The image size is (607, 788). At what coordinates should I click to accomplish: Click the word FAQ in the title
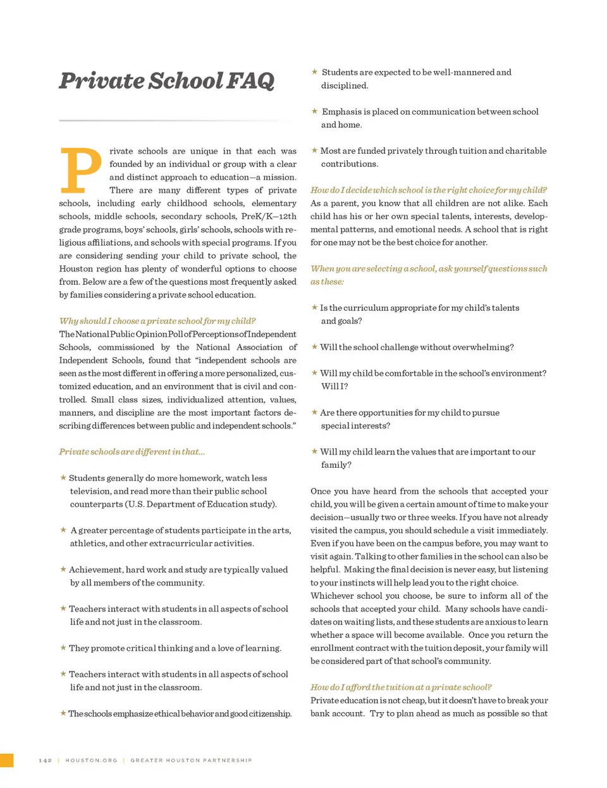(250, 81)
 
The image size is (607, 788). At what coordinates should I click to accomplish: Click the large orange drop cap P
(80, 170)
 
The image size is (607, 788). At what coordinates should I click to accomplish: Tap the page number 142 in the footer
(45, 760)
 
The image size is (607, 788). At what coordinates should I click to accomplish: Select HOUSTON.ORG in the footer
(91, 760)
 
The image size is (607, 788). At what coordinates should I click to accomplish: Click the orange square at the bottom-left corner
(6, 760)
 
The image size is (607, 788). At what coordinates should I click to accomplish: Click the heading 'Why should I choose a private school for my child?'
(157, 321)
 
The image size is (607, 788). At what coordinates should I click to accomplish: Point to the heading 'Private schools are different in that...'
(132, 452)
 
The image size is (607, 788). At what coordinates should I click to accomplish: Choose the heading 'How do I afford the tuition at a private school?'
(401, 687)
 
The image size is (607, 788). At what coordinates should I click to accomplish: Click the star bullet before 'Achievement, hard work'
(63, 570)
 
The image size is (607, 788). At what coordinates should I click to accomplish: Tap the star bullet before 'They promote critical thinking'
(63, 648)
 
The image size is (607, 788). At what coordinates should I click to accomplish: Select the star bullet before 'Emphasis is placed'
(314, 111)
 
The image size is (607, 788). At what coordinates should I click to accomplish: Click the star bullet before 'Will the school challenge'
(314, 347)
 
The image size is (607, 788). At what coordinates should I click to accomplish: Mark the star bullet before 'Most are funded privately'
(314, 151)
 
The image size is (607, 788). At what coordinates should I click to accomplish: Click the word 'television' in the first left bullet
(90, 491)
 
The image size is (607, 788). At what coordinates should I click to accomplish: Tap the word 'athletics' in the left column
(88, 544)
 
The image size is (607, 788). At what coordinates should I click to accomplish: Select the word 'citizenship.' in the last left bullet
(271, 714)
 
